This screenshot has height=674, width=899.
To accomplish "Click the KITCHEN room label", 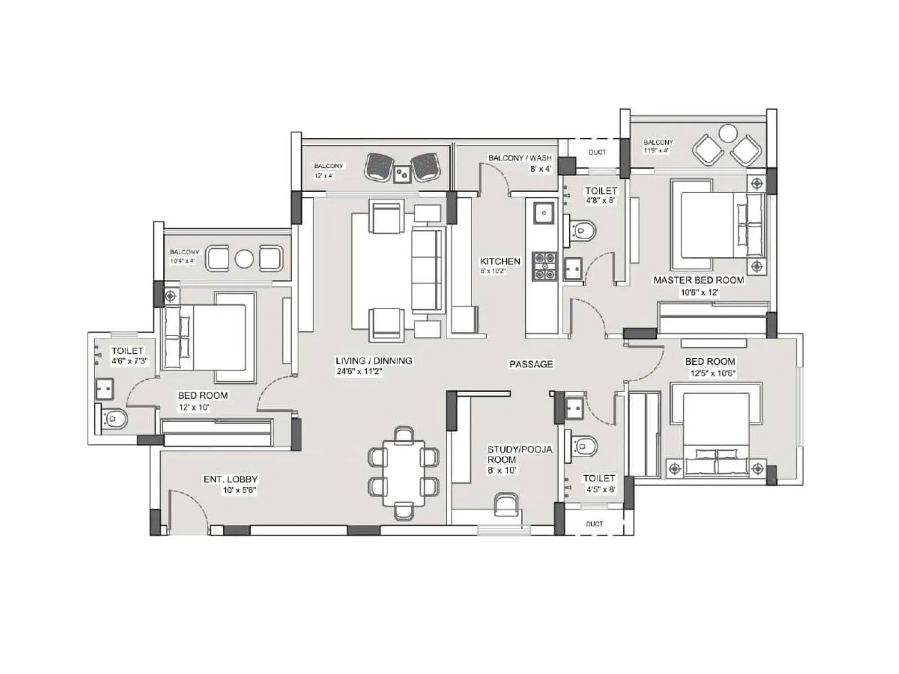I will click(x=500, y=261).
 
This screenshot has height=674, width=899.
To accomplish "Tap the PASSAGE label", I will click(x=531, y=364).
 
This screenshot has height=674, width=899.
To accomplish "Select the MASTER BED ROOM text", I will click(x=698, y=280).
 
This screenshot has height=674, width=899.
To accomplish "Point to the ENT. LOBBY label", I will click(x=230, y=479).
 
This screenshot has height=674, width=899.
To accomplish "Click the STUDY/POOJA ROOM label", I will click(x=519, y=454).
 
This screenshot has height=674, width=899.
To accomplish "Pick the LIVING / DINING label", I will click(x=374, y=361).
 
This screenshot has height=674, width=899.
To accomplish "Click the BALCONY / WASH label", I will click(x=520, y=158).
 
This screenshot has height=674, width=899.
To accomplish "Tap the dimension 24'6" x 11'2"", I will click(x=359, y=371).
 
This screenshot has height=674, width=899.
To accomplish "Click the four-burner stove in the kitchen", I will click(x=544, y=266).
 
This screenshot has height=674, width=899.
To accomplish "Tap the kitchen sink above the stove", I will click(x=543, y=213).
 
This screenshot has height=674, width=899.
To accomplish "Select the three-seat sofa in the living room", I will click(x=428, y=271).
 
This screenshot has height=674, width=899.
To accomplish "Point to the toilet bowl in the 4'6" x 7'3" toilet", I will click(x=116, y=418).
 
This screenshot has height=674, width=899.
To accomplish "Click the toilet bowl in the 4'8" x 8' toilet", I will click(x=583, y=230).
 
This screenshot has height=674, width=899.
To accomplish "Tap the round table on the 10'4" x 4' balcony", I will click(x=244, y=259).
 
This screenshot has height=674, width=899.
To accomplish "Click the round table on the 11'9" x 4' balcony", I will click(x=728, y=133).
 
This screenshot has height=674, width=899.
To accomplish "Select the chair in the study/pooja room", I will click(x=507, y=504).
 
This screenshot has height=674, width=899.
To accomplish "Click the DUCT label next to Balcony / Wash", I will click(x=597, y=152).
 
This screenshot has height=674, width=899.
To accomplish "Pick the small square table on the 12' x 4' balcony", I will click(x=402, y=174).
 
